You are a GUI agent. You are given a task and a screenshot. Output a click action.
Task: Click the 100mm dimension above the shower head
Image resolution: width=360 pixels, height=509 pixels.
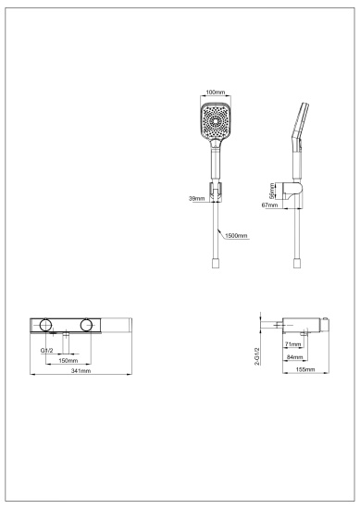(215, 93)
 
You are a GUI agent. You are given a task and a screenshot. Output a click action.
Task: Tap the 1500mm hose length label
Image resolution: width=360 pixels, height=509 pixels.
(236, 236)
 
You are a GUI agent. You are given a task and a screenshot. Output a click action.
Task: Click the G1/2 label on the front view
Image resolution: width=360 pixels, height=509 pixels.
(46, 351)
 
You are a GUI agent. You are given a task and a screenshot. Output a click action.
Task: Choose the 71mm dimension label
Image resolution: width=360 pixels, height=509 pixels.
(294, 343)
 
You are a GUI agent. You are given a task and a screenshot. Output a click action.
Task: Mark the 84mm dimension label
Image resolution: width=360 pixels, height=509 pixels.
(293, 356)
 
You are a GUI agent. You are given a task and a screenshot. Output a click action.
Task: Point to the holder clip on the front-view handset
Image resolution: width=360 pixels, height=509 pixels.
(215, 195)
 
